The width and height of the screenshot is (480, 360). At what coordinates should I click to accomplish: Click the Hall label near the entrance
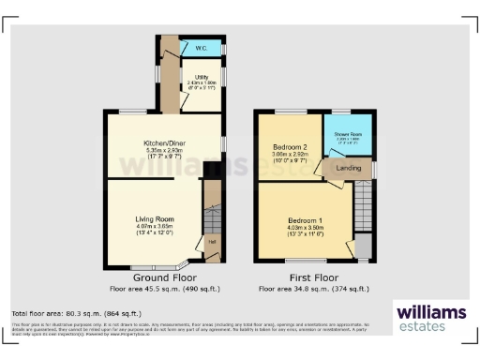coord(212,242)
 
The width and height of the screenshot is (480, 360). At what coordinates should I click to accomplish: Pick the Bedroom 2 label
coord(289,147)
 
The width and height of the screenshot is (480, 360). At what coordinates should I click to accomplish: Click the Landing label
coord(350,168)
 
